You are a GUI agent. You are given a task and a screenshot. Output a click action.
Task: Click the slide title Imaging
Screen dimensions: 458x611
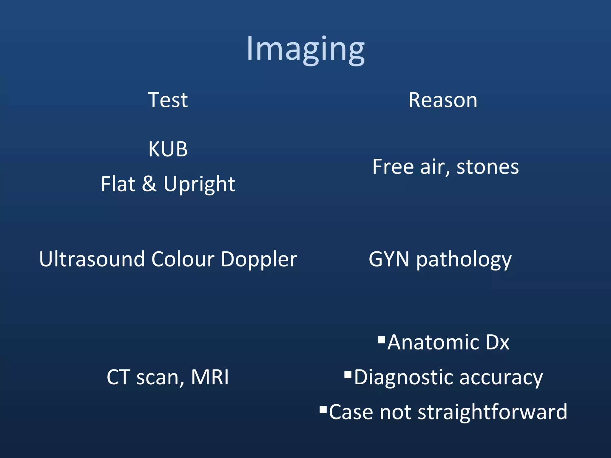point(305,49)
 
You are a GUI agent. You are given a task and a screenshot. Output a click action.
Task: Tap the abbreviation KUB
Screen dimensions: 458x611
point(168,149)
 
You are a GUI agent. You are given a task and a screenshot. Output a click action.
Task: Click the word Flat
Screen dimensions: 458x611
point(118,184)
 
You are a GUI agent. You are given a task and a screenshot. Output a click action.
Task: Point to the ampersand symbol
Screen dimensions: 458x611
point(149,184)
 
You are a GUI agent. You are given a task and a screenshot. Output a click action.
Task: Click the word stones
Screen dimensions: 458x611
point(487,167)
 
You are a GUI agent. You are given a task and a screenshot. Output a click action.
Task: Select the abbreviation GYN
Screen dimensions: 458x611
point(389,259)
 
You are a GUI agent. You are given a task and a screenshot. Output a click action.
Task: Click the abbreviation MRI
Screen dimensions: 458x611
point(210,377)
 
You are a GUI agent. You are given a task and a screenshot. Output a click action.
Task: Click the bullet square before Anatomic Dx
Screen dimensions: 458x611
point(381,340)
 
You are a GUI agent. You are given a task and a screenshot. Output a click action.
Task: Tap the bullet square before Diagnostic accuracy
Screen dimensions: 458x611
point(348,375)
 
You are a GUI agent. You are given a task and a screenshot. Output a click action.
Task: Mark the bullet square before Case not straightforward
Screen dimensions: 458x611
point(323,409)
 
